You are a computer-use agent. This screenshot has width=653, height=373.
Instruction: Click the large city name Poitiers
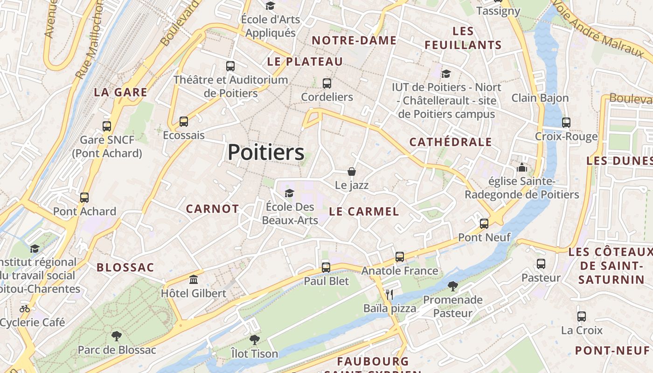(x=266, y=152)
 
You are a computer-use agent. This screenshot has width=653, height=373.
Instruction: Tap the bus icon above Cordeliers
(x=327, y=83)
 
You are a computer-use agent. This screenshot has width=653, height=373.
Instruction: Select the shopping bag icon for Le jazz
(x=352, y=172)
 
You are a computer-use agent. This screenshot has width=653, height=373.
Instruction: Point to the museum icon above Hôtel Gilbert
(x=194, y=280)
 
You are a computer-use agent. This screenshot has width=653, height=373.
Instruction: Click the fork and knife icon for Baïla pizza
(x=390, y=294)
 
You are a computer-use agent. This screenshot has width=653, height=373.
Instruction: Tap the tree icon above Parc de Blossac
(x=117, y=336)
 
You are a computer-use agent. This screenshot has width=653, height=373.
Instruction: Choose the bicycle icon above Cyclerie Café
(x=25, y=308)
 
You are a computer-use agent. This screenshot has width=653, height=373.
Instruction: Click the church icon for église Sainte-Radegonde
(x=521, y=167)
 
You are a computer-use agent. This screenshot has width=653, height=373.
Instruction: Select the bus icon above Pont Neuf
(x=484, y=223)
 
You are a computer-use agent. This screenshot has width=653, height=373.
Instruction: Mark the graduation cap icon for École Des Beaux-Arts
(x=290, y=193)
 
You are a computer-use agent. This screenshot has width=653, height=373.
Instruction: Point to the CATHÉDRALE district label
(x=451, y=142)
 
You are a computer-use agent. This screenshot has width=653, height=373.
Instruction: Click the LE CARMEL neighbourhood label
(x=364, y=212)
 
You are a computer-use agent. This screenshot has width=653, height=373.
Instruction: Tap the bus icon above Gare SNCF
(x=107, y=126)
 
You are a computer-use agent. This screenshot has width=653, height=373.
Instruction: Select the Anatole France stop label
(x=400, y=270)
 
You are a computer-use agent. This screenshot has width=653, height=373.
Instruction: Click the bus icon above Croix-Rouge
(x=566, y=123)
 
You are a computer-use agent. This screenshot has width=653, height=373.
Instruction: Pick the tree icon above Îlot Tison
(x=254, y=339)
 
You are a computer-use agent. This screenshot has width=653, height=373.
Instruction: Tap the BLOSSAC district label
(x=125, y=268)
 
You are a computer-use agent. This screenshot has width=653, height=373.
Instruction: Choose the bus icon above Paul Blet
(x=326, y=268)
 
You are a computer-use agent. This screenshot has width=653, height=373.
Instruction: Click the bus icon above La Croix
(x=582, y=316)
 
